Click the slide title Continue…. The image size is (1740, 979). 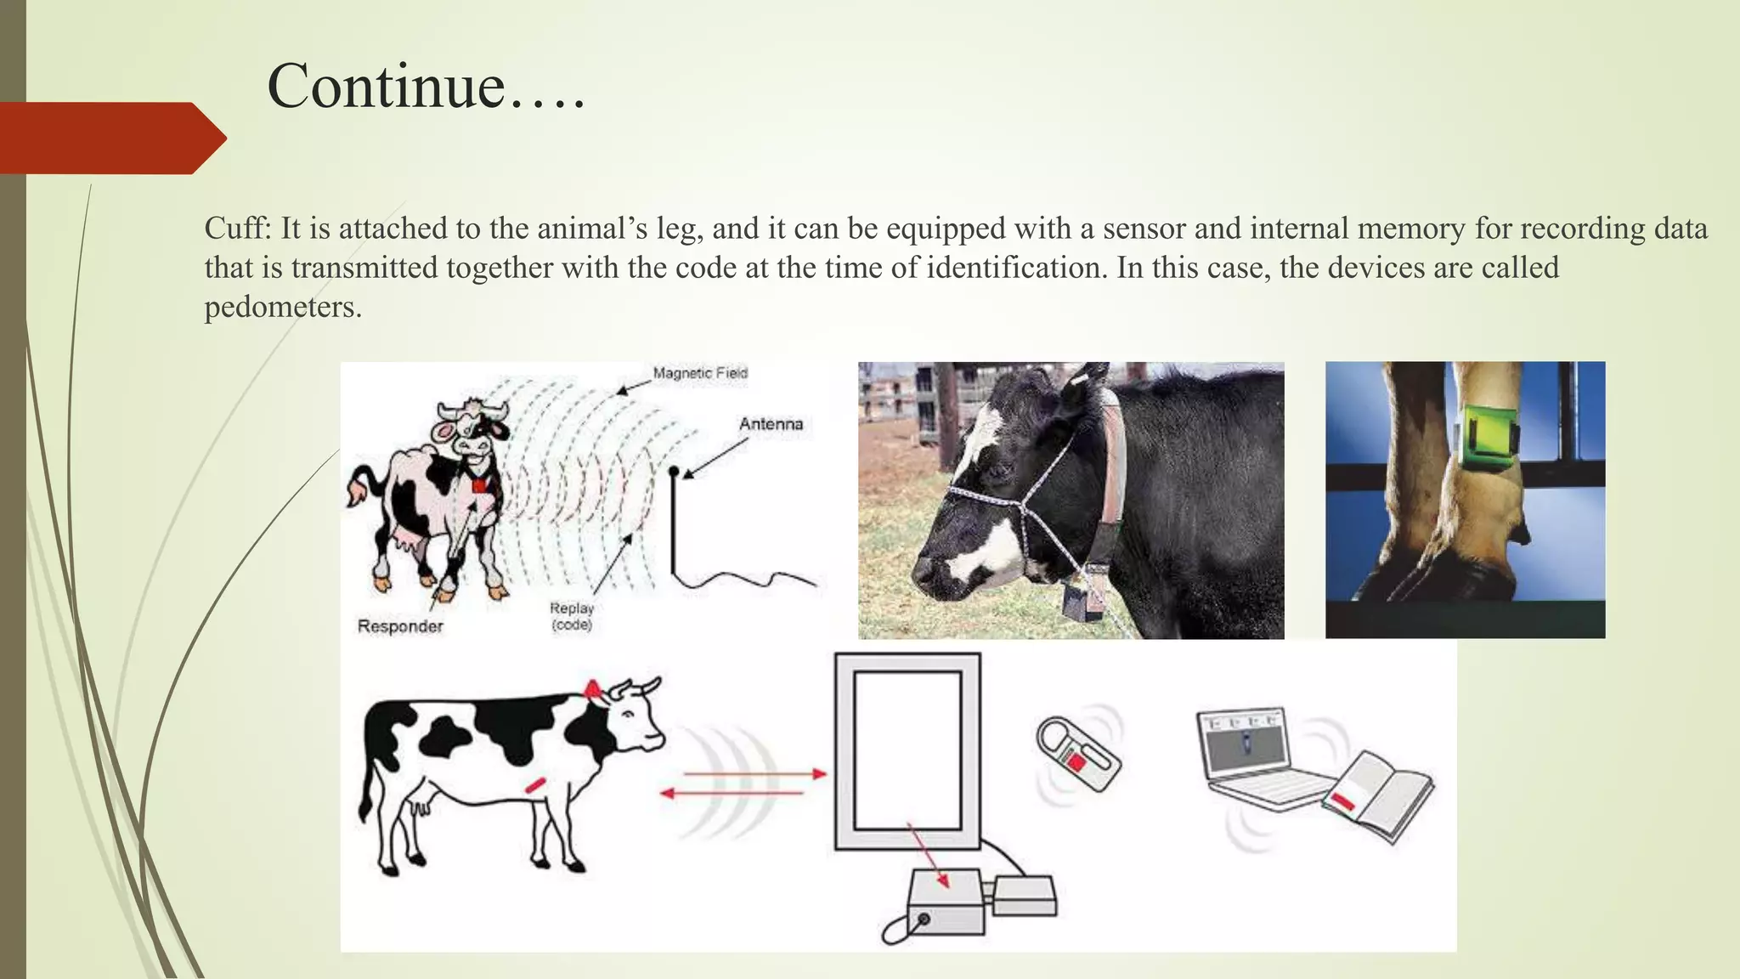pos(426,87)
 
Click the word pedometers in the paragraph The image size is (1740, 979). pos(282,307)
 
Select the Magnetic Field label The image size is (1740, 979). pos(700,373)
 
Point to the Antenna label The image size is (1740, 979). pos(770,424)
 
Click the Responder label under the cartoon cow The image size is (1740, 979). pos(400,626)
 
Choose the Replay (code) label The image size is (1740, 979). pos(571,616)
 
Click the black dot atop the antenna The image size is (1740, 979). pos(674,470)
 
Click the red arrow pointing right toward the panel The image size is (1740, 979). pos(755,774)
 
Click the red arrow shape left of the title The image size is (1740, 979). pos(110,138)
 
